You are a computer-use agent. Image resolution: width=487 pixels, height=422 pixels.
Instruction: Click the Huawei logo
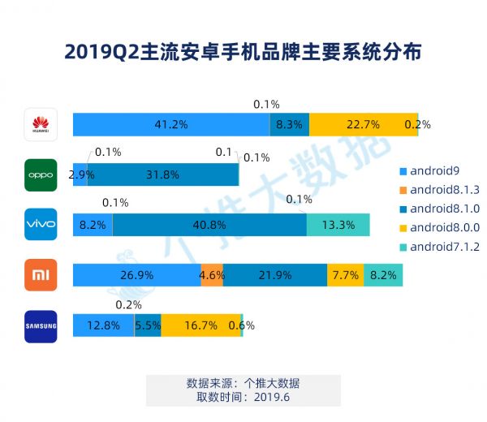pyautogui.click(x=41, y=124)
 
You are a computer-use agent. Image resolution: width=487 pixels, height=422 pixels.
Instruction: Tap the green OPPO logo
pyautogui.click(x=41, y=174)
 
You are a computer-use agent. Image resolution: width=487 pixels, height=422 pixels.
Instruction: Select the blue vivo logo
pyautogui.click(x=41, y=225)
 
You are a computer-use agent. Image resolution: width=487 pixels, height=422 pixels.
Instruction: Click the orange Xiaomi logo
pyautogui.click(x=41, y=275)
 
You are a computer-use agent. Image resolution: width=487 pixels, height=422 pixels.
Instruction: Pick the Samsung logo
pyautogui.click(x=41, y=326)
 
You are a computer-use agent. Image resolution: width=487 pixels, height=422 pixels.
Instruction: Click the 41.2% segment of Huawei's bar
pyautogui.click(x=171, y=124)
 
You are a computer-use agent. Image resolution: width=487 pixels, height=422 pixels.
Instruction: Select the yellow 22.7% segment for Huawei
pyautogui.click(x=363, y=124)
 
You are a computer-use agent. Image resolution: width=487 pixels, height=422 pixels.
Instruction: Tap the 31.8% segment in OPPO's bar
pyautogui.click(x=162, y=174)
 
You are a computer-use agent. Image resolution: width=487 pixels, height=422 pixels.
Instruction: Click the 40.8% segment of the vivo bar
pyautogui.click(x=209, y=225)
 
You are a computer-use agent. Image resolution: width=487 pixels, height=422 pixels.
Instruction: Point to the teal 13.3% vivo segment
pyautogui.click(x=338, y=225)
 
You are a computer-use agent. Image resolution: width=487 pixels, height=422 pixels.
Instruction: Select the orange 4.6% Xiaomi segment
pyautogui.click(x=212, y=275)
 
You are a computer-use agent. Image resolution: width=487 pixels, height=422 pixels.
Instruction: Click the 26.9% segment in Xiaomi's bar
pyautogui.click(x=136, y=275)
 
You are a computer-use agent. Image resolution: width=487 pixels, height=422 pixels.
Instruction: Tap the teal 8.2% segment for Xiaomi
pyautogui.click(x=382, y=275)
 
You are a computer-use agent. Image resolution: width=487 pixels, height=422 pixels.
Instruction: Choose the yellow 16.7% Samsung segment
pyautogui.click(x=200, y=325)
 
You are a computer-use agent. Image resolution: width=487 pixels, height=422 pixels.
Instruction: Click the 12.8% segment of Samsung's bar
pyautogui.click(x=103, y=325)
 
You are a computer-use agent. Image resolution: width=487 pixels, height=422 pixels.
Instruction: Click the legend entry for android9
pyautogui.click(x=433, y=171)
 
